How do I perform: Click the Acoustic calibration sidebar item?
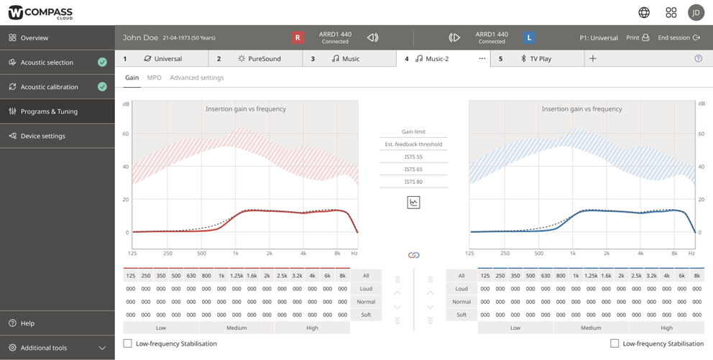pyautogui.click(x=49, y=87)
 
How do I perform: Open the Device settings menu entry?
pyautogui.click(x=42, y=136)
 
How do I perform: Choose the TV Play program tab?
pyautogui.click(x=540, y=59)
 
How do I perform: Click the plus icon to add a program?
pyautogui.click(x=593, y=59)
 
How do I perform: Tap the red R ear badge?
pyautogui.click(x=298, y=37)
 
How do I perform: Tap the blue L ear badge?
pyautogui.click(x=529, y=37)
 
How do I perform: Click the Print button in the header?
pyautogui.click(x=637, y=37)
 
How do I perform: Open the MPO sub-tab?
pyautogui.click(x=154, y=78)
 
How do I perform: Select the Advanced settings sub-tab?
pyautogui.click(x=197, y=78)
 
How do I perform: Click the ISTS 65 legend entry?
pyautogui.click(x=413, y=170)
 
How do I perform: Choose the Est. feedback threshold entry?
pyautogui.click(x=413, y=144)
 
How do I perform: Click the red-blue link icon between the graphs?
pyautogui.click(x=413, y=255)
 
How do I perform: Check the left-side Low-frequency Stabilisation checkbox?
pyautogui.click(x=128, y=343)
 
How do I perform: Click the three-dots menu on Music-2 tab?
pyautogui.click(x=482, y=59)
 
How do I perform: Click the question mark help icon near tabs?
pyautogui.click(x=698, y=59)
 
